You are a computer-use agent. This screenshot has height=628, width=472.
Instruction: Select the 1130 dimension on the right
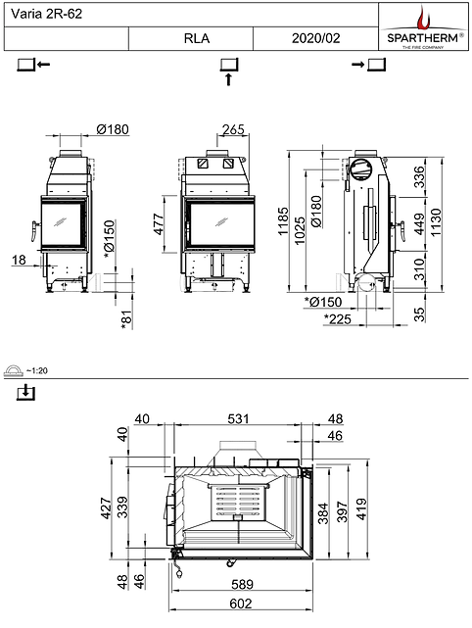point(449,217)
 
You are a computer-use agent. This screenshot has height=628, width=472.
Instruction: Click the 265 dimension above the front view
point(233,131)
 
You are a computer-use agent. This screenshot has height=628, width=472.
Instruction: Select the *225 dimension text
point(339,318)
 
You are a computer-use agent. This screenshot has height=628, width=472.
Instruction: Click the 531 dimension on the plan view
point(239,419)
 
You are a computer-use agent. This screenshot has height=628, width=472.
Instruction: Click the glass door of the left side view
point(61,224)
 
